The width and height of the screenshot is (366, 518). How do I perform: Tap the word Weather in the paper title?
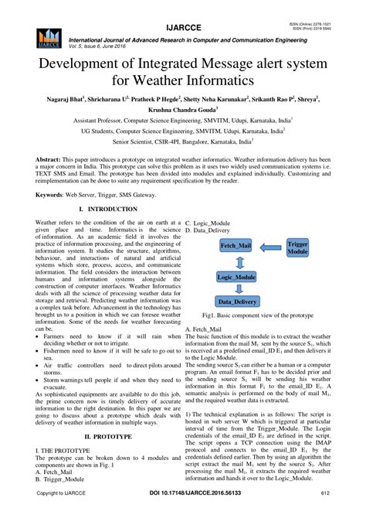coord(168,80)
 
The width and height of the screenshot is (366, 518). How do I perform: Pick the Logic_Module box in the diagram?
coord(236,276)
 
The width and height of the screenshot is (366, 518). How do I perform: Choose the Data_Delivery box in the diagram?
coord(236,302)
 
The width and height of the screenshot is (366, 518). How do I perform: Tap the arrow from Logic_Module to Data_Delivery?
coord(236,289)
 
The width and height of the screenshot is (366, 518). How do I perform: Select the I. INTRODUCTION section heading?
coord(96,210)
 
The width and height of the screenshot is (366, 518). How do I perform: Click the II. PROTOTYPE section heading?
coord(95,437)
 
